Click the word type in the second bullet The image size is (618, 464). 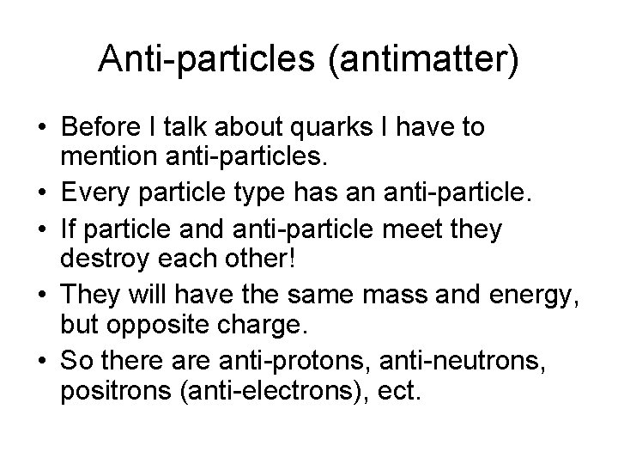click(x=228, y=190)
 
